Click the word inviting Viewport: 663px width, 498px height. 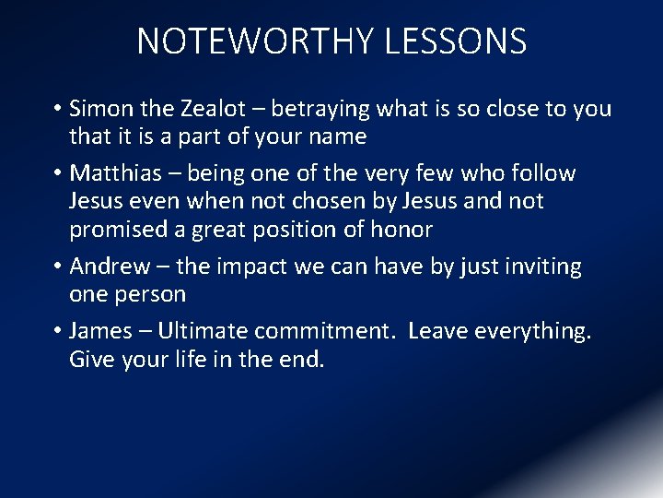539,267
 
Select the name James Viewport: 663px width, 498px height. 100,331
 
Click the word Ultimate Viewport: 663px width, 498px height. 203,331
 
